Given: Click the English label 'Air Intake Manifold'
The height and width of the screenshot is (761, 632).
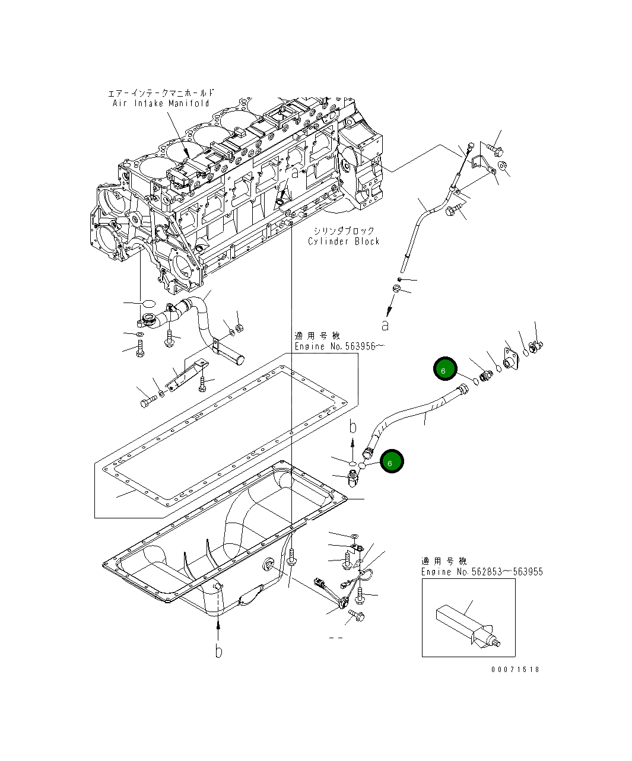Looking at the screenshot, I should [161, 103].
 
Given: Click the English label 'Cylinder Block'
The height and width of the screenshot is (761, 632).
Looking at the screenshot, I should [344, 241].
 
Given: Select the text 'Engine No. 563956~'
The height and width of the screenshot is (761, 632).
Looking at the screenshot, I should [336, 346].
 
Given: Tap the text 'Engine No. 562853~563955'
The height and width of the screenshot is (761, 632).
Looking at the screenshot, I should [482, 572].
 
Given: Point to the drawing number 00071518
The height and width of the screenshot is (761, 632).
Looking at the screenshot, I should [515, 669].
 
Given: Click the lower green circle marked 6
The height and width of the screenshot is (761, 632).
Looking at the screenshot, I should [391, 461].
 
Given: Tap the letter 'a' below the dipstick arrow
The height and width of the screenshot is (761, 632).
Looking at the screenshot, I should [385, 325].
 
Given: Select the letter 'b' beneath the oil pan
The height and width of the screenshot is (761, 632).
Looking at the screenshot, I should [218, 651].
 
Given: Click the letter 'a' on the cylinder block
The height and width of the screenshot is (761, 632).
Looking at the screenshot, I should [294, 173].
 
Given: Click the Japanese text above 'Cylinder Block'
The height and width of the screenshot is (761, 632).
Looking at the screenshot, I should [344, 231].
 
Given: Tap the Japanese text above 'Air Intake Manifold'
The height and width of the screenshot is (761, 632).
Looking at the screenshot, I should [161, 93].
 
